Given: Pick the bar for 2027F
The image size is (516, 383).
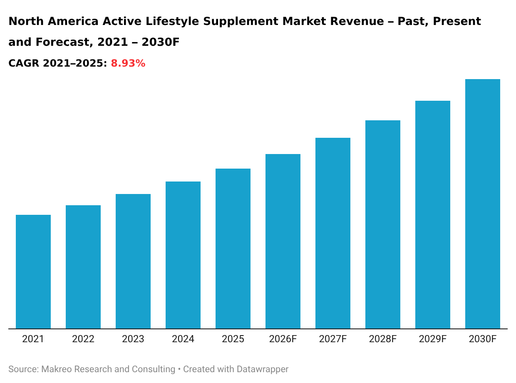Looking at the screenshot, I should point(333,233).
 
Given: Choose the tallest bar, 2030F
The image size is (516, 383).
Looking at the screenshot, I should point(483,204).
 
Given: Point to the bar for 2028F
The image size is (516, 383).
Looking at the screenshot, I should point(383,224).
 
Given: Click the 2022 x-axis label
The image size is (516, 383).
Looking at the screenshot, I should point(83,339).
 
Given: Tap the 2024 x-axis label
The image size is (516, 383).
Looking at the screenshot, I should point(183,339).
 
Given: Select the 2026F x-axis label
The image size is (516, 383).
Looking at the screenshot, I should point(283,339).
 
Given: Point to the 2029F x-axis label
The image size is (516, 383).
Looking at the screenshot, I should point(433,339).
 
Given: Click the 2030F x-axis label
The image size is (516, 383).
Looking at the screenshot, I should point(483,339).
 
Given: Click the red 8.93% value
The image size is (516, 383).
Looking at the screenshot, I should point(128,64).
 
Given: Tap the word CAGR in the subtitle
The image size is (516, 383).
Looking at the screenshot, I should point(23,64).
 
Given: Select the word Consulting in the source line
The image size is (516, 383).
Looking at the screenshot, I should point(153,369).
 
